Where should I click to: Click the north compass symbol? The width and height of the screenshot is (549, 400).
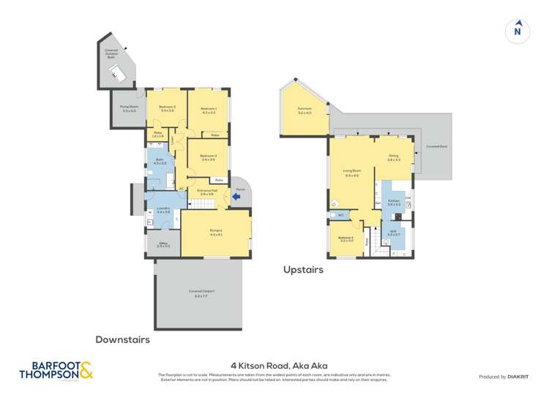coord(518,30)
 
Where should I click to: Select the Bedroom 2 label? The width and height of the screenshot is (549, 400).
coord(167,109)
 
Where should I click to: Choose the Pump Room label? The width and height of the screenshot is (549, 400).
coord(129,109)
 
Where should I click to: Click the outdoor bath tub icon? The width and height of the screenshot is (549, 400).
coord(117,69)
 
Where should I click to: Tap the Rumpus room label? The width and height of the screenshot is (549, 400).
coord(215,232)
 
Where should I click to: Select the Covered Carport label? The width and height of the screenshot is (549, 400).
coord(197,293)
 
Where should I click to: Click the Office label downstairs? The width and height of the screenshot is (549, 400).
coord(163,245)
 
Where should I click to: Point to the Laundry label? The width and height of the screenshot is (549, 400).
coord(163,209)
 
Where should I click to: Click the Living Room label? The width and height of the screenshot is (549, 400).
coord(351,174)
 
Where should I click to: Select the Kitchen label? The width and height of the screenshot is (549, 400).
coord(394,203)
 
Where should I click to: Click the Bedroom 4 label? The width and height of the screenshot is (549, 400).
coord(346,238)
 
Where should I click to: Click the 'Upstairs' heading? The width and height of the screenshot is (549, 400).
coord(303,270)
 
